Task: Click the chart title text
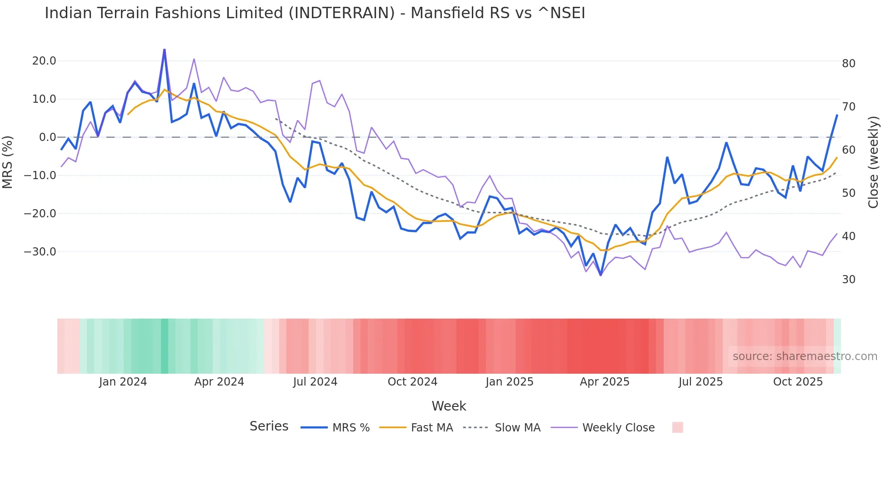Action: (315, 13)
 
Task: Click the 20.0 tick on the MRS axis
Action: (44, 61)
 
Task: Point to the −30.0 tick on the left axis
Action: (40, 251)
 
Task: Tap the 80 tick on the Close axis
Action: (848, 64)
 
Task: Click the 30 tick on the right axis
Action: (848, 280)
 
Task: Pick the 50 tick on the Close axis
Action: (848, 193)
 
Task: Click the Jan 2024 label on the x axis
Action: (123, 382)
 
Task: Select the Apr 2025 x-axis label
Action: (604, 382)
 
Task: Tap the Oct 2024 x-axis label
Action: (412, 382)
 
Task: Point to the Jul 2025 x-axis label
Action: (701, 382)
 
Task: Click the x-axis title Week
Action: (449, 406)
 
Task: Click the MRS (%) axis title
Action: (8, 162)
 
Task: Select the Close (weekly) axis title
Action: (873, 162)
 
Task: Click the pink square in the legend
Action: (677, 427)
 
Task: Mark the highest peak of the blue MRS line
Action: (164, 50)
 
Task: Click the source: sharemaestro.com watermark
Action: (805, 356)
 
